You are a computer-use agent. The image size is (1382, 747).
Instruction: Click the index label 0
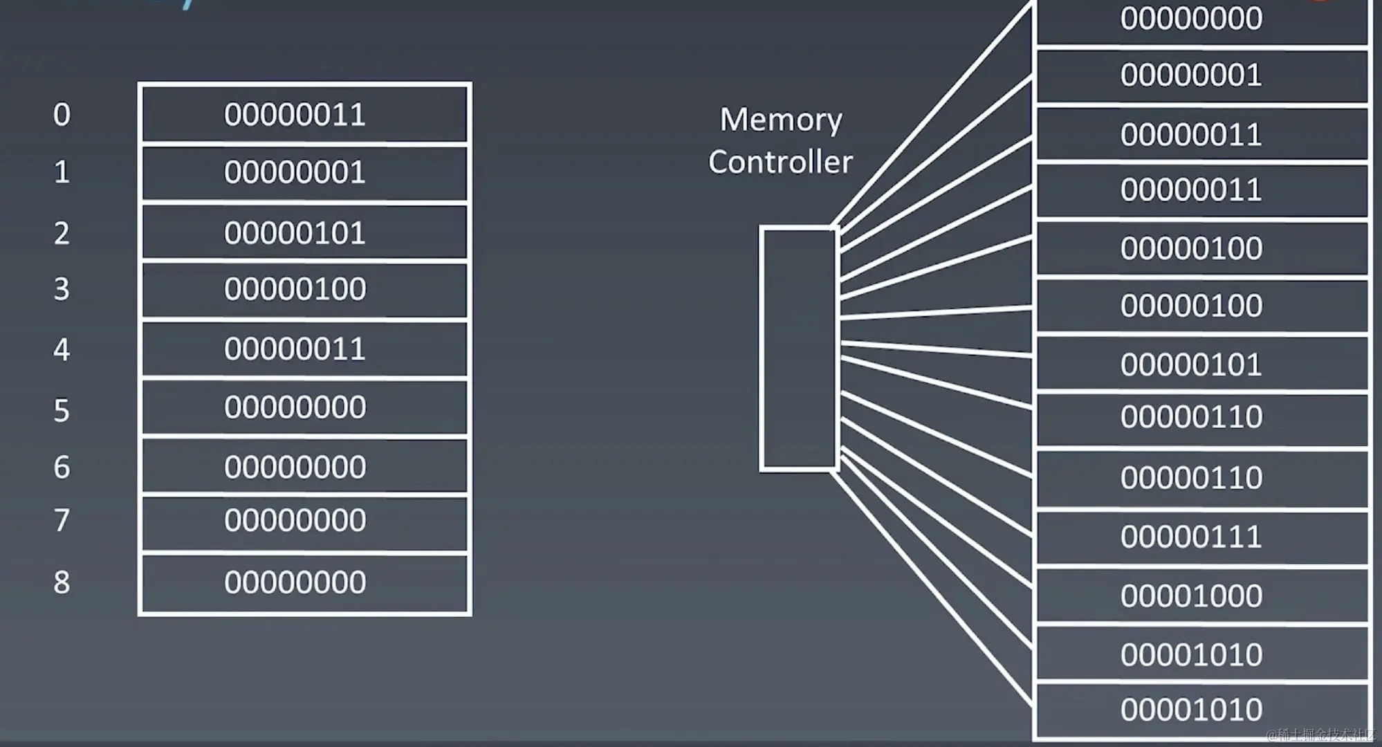[x=62, y=115]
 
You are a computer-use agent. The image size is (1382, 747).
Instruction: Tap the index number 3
[x=62, y=289]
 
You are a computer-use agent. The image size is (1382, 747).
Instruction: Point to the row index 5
[x=62, y=411]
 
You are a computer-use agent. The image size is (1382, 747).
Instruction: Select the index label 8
[x=62, y=582]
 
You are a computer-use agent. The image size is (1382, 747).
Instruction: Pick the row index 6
[x=62, y=468]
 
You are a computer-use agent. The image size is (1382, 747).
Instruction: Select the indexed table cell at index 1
[x=304, y=173]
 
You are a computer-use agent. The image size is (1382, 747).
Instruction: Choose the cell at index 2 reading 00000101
[x=304, y=233]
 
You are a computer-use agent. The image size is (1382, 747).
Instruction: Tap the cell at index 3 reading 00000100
[x=304, y=289]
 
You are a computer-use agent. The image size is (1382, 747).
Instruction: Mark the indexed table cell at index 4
[x=304, y=349]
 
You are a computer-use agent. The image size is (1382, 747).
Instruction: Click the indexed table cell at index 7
[x=304, y=521]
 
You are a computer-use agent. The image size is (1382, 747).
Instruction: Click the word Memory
[x=781, y=120]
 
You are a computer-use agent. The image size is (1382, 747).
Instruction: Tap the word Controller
[x=780, y=163]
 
